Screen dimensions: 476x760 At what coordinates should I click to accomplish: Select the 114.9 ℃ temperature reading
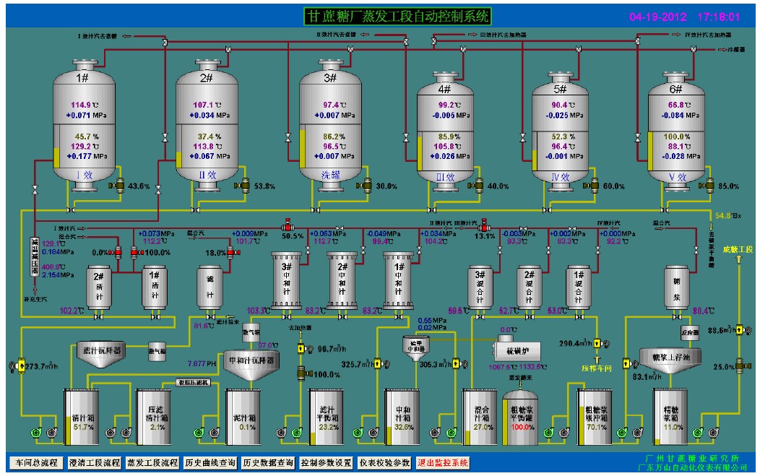tap(85, 104)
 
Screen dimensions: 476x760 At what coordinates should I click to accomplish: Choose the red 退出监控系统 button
tap(444, 462)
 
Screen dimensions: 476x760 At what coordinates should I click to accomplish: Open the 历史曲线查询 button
tap(210, 462)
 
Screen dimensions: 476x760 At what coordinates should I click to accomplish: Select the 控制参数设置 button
tap(326, 462)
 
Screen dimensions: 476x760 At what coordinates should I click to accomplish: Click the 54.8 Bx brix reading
tap(727, 215)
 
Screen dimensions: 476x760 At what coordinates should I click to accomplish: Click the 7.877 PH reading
tap(202, 363)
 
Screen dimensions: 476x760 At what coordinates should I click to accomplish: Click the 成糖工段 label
tap(738, 249)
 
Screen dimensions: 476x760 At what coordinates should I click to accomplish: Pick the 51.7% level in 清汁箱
tap(84, 427)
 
